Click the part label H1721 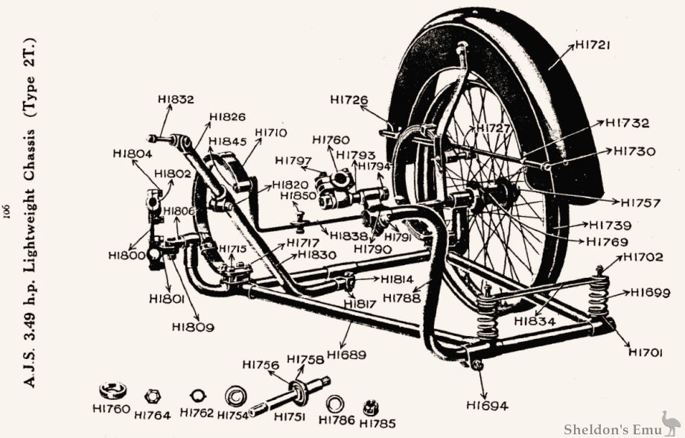(x=593, y=45)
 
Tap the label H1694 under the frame (x=487, y=405)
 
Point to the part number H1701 (x=646, y=352)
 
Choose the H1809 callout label (x=192, y=326)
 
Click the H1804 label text (x=133, y=153)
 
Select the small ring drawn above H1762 (x=197, y=394)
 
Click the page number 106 (x=10, y=211)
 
